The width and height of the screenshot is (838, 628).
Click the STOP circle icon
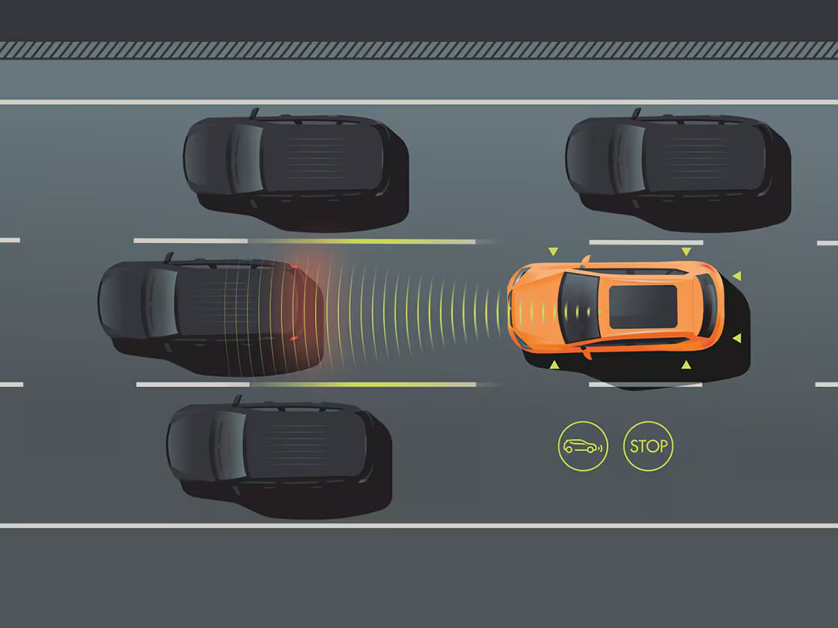click(x=648, y=446)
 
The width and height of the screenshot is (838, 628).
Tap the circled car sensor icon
click(x=583, y=446)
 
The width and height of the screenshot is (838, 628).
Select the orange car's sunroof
click(x=643, y=307)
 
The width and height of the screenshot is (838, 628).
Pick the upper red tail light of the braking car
click(x=293, y=266)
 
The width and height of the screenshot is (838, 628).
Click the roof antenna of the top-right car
click(x=636, y=113)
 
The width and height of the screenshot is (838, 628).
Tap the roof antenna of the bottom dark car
click(x=237, y=401)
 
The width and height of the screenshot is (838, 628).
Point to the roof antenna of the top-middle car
click(x=254, y=113)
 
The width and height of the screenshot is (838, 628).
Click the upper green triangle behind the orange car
click(x=737, y=276)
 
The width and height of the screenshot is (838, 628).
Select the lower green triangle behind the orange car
click(x=737, y=338)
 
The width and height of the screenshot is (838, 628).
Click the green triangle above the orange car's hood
click(x=553, y=251)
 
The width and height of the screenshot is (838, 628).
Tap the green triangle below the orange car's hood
click(x=554, y=365)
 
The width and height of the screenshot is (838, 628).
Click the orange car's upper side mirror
click(x=585, y=261)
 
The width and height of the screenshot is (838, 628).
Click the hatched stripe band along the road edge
click(x=419, y=50)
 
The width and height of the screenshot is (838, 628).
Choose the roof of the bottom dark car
click(x=305, y=444)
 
